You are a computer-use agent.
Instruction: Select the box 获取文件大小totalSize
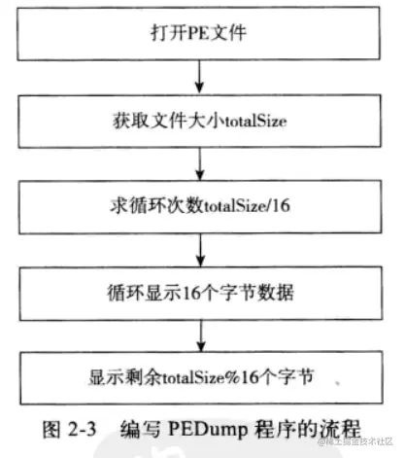pyautogui.click(x=199, y=123)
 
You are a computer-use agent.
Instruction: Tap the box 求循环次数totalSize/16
pyautogui.click(x=199, y=206)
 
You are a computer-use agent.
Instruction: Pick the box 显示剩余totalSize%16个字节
pyautogui.click(x=199, y=374)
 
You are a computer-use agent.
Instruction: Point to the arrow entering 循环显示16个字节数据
pyautogui.click(x=199, y=248)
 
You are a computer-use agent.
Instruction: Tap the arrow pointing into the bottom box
pyautogui.click(x=199, y=332)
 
